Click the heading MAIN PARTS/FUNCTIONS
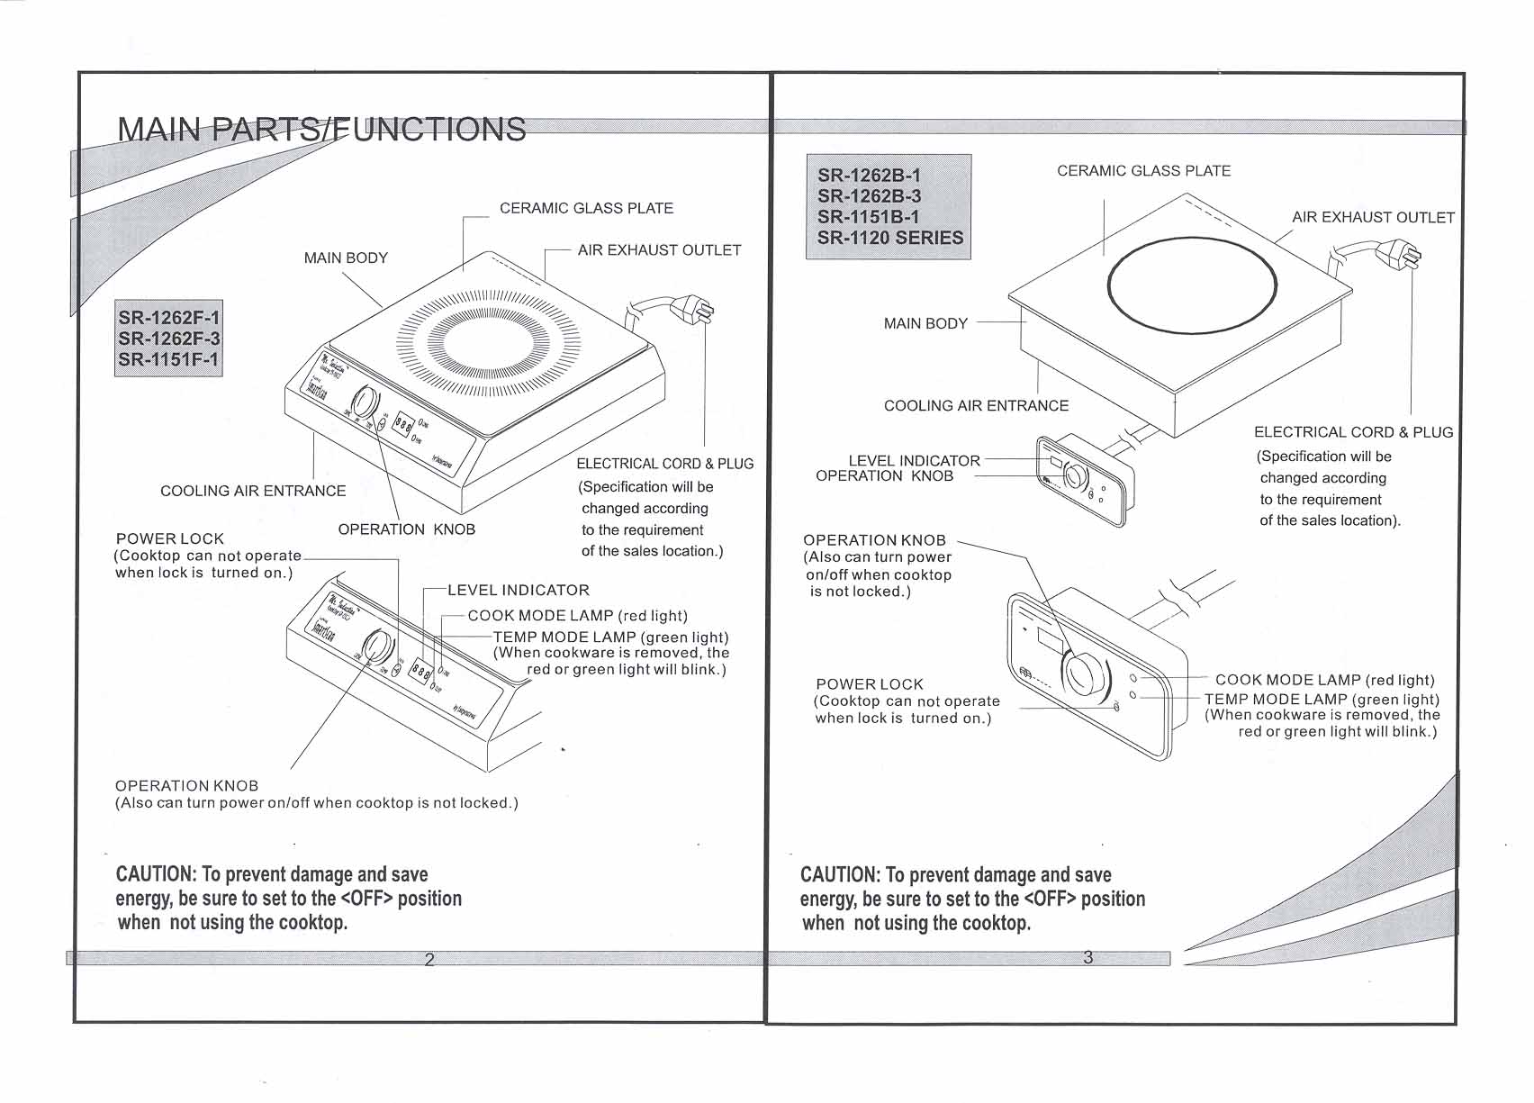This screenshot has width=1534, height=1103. (321, 130)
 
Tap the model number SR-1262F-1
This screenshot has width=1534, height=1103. (168, 317)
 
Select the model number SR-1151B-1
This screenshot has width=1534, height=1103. (869, 217)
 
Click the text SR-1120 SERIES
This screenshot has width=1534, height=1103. (889, 239)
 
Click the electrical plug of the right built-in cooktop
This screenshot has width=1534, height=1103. (1401, 253)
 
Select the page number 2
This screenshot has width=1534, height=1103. (429, 960)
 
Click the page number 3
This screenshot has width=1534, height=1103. (1087, 957)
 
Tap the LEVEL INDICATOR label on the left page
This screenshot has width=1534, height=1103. (519, 591)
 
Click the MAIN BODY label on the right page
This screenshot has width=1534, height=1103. (925, 323)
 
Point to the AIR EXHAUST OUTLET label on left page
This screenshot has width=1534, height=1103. (659, 250)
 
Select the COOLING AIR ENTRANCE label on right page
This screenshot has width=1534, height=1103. (976, 406)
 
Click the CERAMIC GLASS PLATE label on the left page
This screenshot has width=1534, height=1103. (586, 209)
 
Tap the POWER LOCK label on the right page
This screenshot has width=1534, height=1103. (869, 684)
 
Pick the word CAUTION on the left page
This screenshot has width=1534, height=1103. (155, 874)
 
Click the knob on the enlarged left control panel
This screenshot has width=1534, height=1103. (378, 646)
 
